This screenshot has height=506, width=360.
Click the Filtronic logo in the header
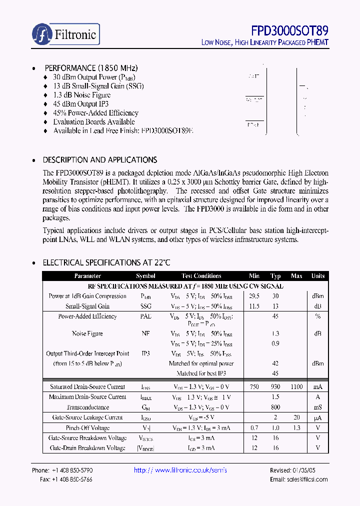[65, 34]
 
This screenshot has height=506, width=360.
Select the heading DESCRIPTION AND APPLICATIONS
[100, 160]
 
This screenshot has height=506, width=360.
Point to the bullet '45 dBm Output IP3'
[80, 104]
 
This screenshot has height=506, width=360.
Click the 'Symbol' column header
[145, 276]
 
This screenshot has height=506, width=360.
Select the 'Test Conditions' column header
[201, 276]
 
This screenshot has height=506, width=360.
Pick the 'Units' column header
[318, 276]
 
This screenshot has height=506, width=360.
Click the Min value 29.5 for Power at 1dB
[254, 296]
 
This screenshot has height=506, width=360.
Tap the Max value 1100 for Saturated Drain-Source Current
[296, 386]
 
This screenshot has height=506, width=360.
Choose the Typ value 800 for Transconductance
[275, 407]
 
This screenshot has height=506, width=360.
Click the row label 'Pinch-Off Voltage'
[88, 428]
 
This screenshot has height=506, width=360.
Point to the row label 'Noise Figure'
[88, 333]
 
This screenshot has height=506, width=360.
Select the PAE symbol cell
[145, 316]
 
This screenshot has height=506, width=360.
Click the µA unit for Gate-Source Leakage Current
[318, 417]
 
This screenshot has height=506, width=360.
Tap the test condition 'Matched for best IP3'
[201, 373]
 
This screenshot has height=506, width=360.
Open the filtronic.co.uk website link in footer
[180, 470]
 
